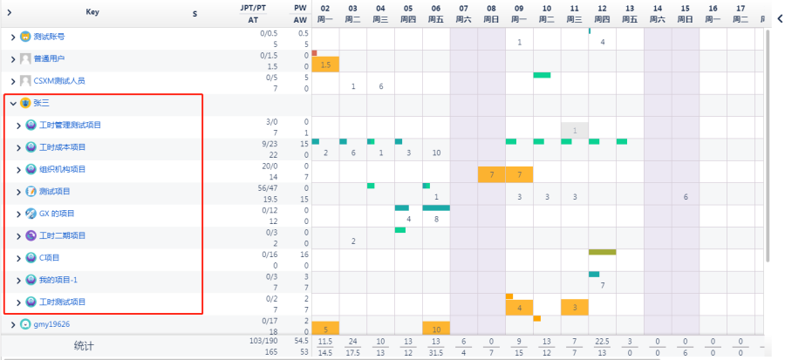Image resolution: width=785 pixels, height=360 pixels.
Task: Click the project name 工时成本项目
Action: (x=63, y=147)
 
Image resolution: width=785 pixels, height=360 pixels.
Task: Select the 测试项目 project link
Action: (x=55, y=192)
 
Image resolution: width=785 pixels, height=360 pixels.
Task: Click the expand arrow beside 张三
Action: (x=13, y=103)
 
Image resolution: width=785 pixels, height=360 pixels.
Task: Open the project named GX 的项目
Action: (x=57, y=214)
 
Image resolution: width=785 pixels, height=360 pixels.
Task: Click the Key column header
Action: (x=92, y=12)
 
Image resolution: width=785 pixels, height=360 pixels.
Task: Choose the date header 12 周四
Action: (x=602, y=13)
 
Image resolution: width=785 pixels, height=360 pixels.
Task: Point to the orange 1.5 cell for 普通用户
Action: (x=325, y=65)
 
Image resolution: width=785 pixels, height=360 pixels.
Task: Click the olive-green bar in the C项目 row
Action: (x=602, y=252)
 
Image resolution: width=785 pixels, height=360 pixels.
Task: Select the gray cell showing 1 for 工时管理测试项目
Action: (x=575, y=131)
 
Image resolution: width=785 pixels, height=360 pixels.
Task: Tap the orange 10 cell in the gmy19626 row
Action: (x=436, y=329)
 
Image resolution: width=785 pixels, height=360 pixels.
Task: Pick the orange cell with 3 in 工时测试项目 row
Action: (x=575, y=307)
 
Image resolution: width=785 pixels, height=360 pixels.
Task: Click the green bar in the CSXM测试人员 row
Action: (x=543, y=75)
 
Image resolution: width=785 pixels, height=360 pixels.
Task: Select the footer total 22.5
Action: (x=602, y=341)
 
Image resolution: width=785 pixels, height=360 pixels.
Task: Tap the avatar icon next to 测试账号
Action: (x=25, y=37)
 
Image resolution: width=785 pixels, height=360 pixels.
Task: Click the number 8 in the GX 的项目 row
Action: (x=436, y=219)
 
